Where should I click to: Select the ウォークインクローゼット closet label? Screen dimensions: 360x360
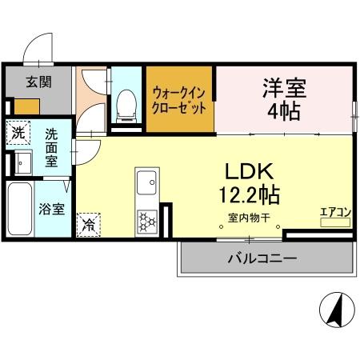pyautogui.click(x=180, y=99)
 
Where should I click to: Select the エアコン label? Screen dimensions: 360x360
pyautogui.click(x=336, y=212)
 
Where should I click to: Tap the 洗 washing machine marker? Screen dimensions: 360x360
pyautogui.click(x=17, y=130)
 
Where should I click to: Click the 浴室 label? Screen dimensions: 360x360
pyautogui.click(x=54, y=210)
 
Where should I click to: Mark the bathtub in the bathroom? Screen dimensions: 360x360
pyautogui.click(x=20, y=210)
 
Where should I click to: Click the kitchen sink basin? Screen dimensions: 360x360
pyautogui.click(x=146, y=185)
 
